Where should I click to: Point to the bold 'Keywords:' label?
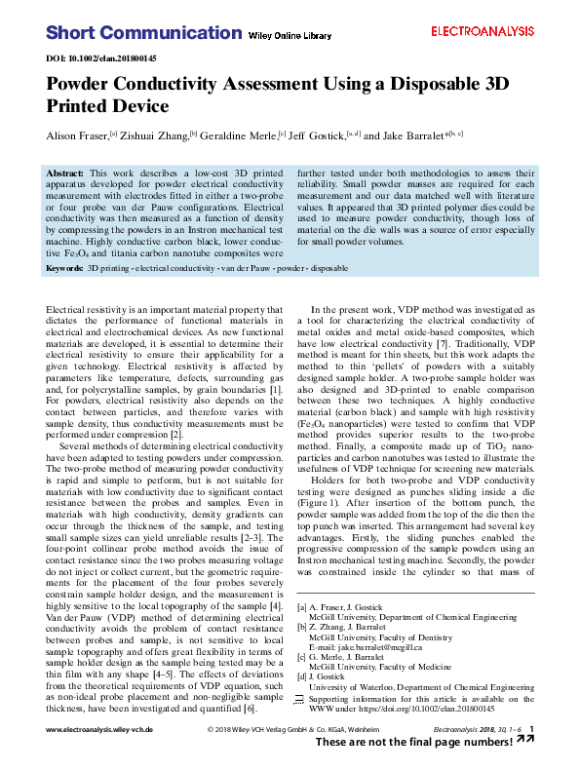point(65,266)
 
